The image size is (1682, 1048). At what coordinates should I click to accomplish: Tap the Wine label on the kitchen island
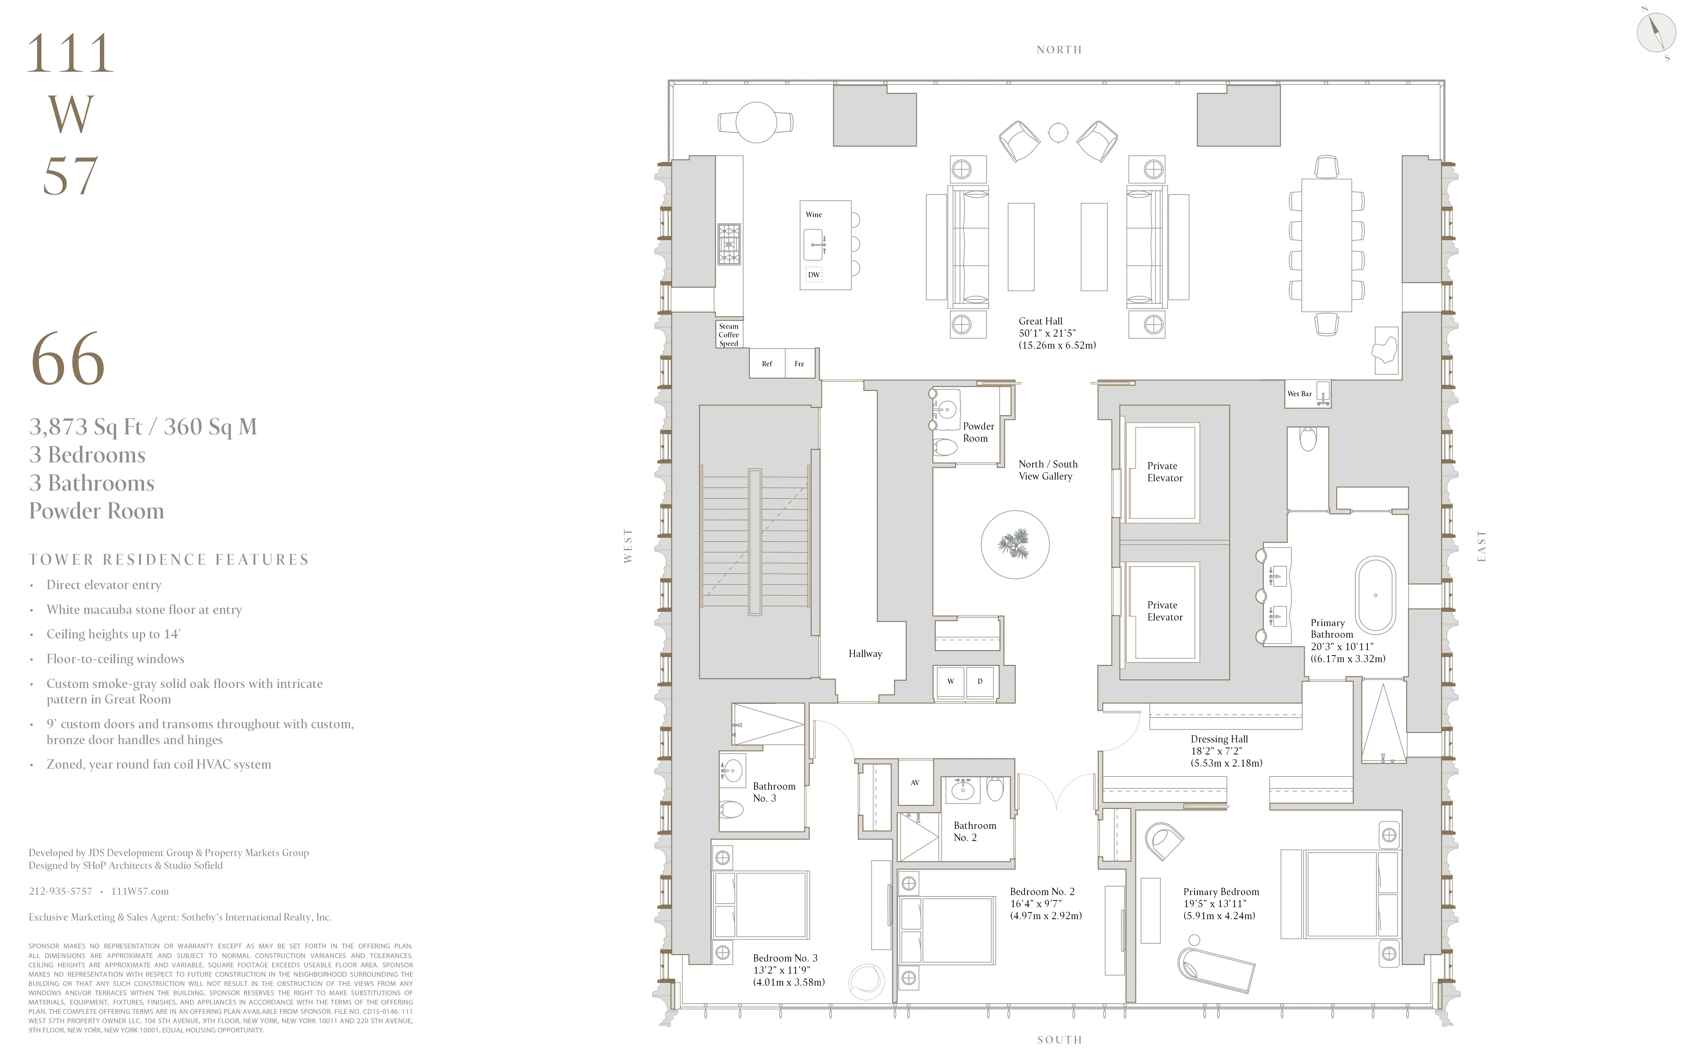(x=814, y=215)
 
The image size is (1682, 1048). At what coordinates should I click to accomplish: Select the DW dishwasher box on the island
(x=814, y=275)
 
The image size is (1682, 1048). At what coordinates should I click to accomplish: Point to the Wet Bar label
(x=1300, y=394)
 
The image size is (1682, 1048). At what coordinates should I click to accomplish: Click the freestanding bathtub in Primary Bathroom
(x=1376, y=595)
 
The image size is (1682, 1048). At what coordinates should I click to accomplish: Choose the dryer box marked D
(x=980, y=681)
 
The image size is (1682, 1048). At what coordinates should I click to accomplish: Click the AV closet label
(x=915, y=782)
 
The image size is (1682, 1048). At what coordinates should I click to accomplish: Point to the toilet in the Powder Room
(x=945, y=446)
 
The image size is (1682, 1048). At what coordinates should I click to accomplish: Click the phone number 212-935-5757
(x=60, y=891)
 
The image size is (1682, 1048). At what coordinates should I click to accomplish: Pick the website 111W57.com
(x=140, y=891)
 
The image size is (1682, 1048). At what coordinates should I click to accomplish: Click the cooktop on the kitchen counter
(x=728, y=244)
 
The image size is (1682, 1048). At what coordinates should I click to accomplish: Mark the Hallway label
(x=865, y=654)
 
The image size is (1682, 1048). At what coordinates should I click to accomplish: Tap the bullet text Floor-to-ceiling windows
(x=115, y=659)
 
